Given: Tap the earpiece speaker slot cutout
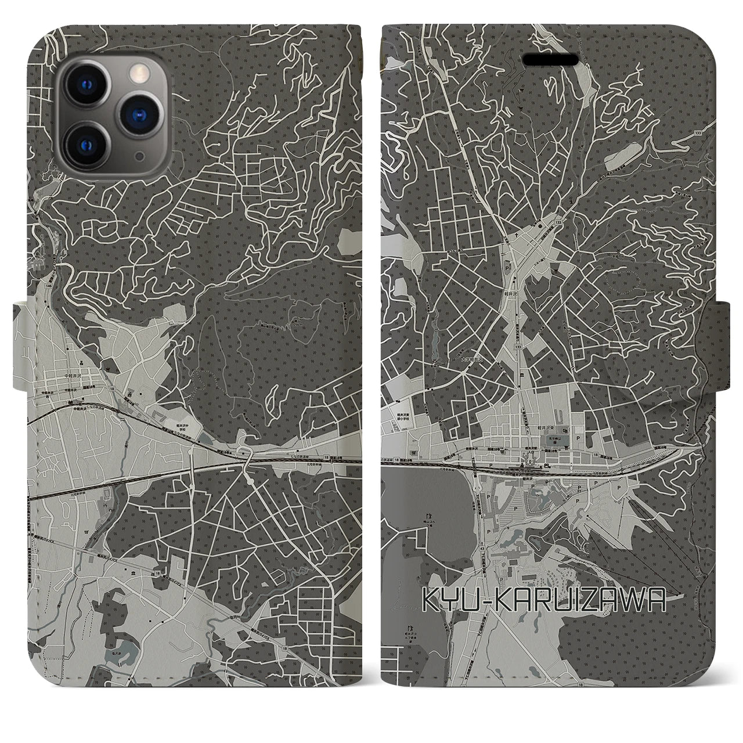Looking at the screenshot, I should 551,60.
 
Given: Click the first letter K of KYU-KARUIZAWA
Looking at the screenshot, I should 431,604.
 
